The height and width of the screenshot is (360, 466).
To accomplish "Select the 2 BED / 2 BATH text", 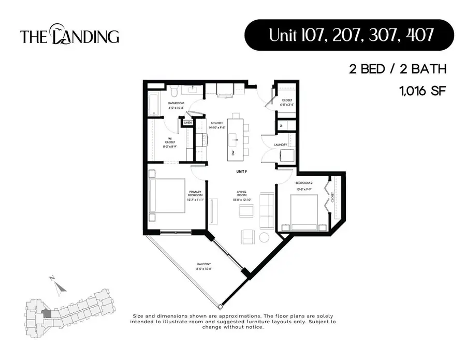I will click(x=397, y=69).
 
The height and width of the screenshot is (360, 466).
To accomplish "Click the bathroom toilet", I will click(x=174, y=92).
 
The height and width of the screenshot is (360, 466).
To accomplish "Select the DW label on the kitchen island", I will click(x=233, y=153).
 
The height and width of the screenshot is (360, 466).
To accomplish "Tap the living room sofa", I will click(x=267, y=211).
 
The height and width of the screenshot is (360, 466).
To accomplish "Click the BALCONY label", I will click(x=203, y=266).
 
